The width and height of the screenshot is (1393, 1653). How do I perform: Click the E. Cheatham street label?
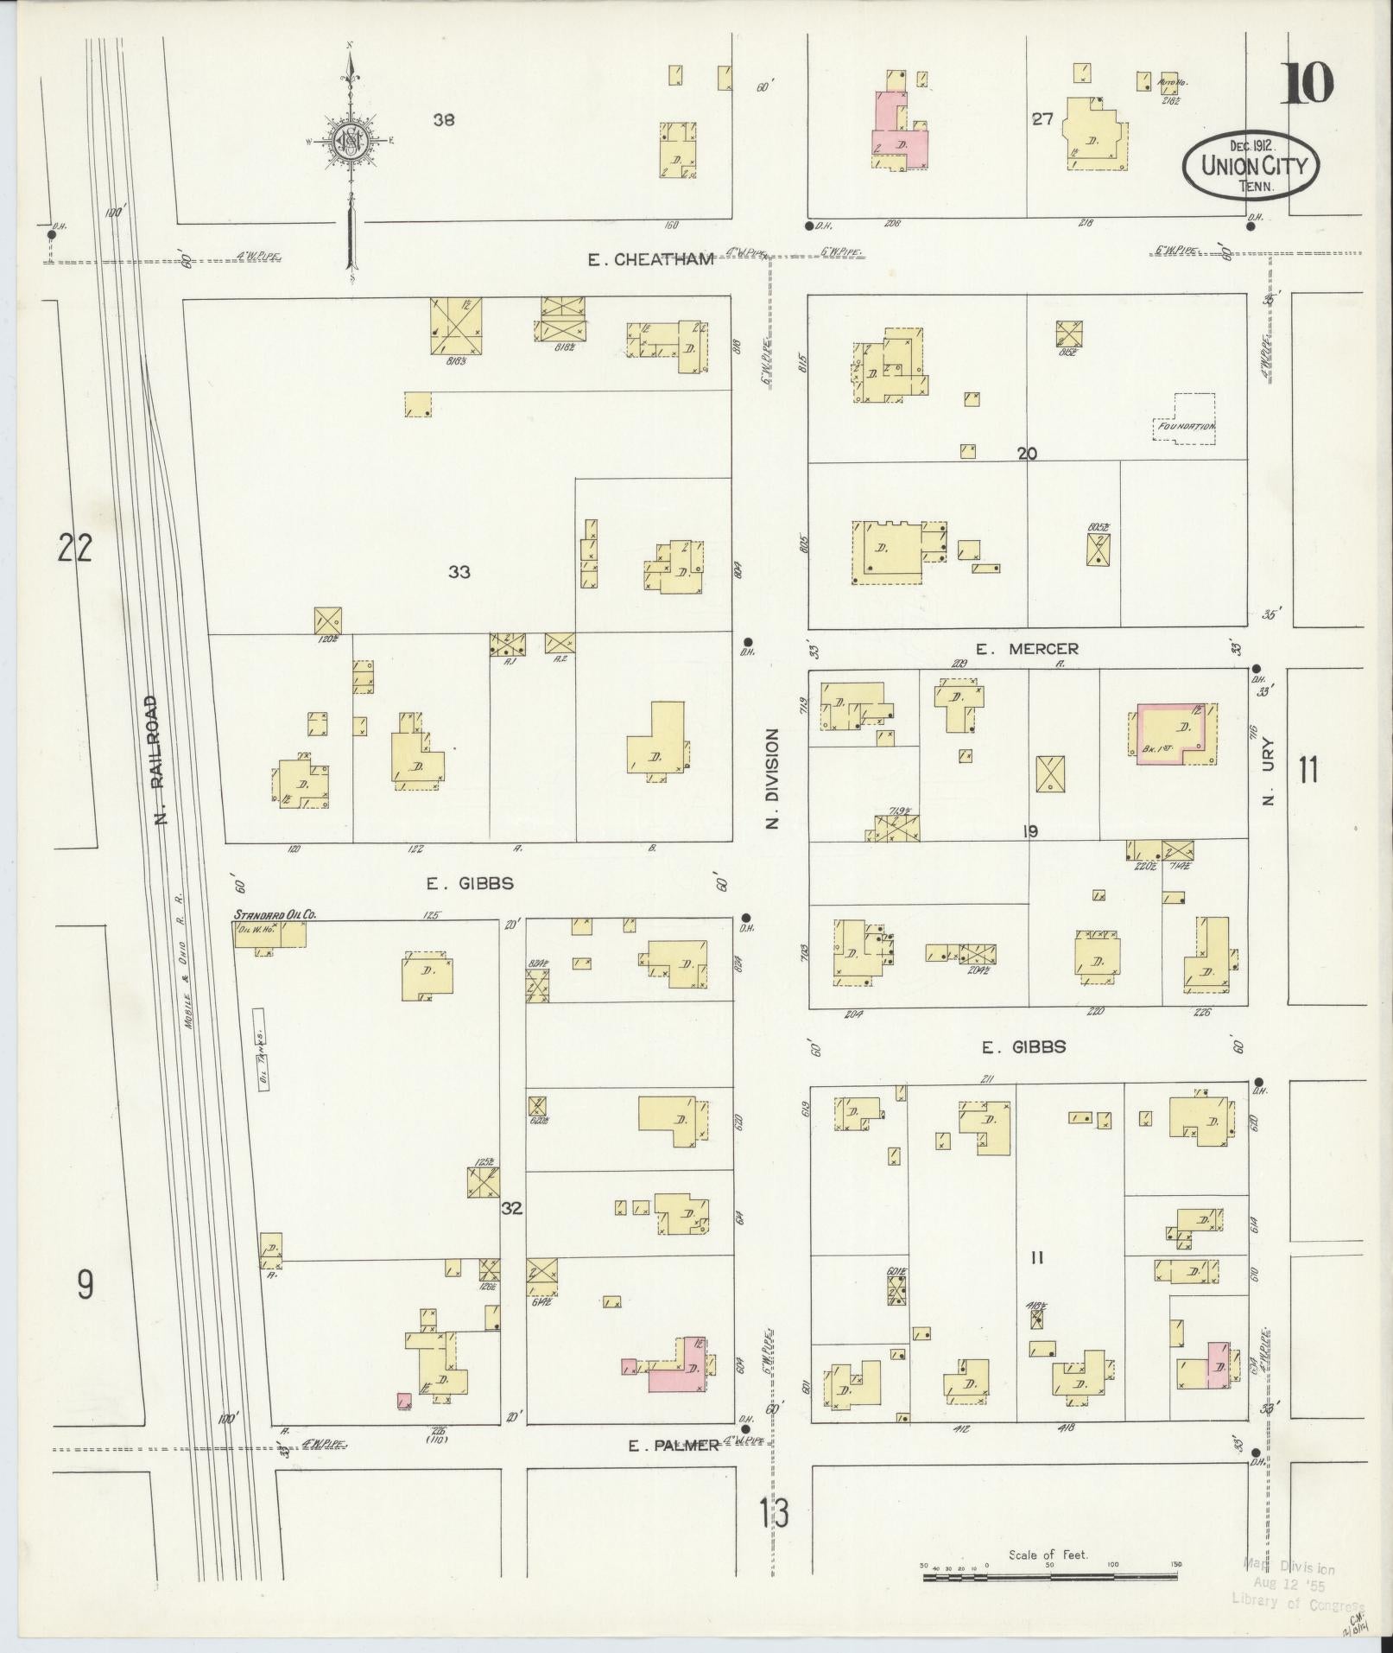pyautogui.click(x=651, y=259)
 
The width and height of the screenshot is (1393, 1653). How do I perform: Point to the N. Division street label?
pyautogui.click(x=772, y=778)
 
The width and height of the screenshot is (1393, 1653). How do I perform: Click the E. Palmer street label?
pyautogui.click(x=674, y=1445)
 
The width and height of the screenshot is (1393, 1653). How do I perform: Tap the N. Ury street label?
pyautogui.click(x=1268, y=774)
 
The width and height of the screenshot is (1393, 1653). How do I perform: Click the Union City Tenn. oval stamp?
pyautogui.click(x=1249, y=165)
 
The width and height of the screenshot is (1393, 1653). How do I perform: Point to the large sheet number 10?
pyautogui.click(x=1306, y=84)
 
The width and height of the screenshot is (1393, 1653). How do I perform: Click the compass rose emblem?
pyautogui.click(x=351, y=138)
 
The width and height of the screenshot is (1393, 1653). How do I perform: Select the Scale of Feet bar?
pyautogui.click(x=1049, y=1577)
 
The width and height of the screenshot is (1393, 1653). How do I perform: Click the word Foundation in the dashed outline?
pyautogui.click(x=1186, y=426)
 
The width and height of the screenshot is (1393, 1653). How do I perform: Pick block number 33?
pyautogui.click(x=459, y=571)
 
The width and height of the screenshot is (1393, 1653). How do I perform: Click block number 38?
pyautogui.click(x=444, y=120)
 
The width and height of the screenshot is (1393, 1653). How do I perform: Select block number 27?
pyautogui.click(x=1042, y=119)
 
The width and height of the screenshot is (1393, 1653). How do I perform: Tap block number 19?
pyautogui.click(x=1029, y=831)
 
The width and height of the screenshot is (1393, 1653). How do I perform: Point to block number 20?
pyautogui.click(x=1027, y=453)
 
